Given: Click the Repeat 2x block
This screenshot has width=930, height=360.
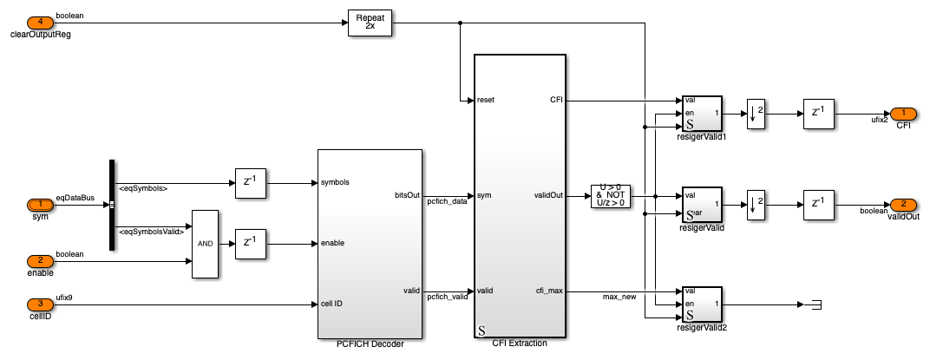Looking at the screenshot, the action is [370, 23].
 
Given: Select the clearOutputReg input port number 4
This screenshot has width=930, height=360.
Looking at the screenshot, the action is [40, 22].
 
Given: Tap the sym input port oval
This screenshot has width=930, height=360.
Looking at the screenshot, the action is [40, 205].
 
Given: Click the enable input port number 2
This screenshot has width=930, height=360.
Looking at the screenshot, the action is [40, 262].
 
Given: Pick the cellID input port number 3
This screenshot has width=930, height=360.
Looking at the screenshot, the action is [40, 304].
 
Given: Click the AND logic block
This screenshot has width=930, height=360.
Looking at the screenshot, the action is [205, 244].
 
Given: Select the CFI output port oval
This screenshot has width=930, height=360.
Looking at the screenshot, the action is [903, 114].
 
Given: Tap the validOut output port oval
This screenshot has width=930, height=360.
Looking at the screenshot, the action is [903, 205].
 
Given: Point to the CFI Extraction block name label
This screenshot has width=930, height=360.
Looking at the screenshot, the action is [520, 343].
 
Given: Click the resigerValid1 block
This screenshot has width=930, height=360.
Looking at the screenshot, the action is [702, 114].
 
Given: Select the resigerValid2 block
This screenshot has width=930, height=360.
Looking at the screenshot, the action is [702, 304].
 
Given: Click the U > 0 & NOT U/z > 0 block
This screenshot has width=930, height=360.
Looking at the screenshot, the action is [612, 196].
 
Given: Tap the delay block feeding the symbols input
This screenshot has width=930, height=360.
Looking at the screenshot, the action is [251, 182].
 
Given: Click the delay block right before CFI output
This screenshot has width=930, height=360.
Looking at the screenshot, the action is [818, 114].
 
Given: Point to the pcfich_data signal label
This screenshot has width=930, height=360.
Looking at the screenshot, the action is [447, 201].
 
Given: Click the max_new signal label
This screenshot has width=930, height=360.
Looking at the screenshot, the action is [619, 297].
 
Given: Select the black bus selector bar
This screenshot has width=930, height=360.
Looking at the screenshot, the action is [112, 205].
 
